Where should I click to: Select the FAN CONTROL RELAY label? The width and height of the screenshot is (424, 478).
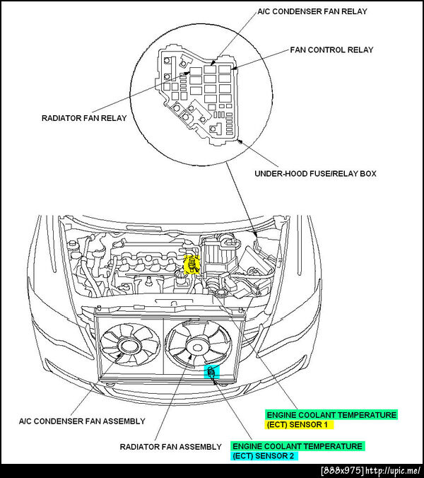[x=331, y=50]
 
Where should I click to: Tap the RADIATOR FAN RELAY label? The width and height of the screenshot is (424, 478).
[x=85, y=118]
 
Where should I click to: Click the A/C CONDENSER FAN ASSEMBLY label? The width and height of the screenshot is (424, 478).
[x=82, y=421]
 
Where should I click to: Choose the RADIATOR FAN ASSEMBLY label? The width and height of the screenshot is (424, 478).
[x=171, y=447]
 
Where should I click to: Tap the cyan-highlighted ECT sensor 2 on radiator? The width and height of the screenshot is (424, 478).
[x=211, y=371]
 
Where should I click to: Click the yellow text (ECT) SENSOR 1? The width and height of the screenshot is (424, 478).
[x=299, y=425]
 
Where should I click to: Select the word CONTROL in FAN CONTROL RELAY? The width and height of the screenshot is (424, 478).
[x=331, y=50]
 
